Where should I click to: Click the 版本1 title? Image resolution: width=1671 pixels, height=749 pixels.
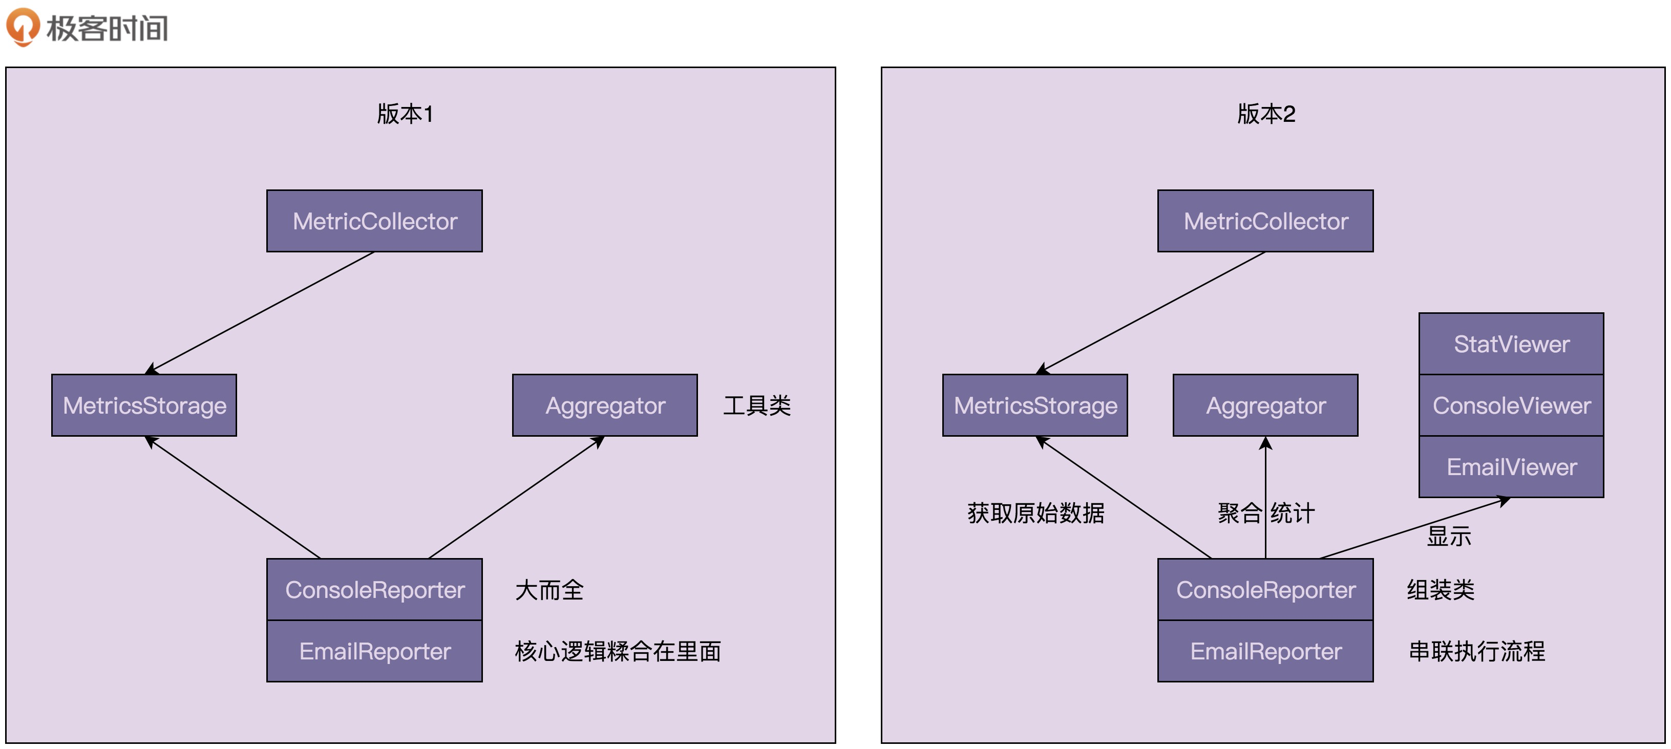coord(405,114)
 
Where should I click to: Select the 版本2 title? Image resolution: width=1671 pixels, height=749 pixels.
coord(1265,114)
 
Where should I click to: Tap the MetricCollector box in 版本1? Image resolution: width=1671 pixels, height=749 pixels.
coord(374,221)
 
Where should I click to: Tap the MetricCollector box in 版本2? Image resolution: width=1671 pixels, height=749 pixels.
coord(1265,221)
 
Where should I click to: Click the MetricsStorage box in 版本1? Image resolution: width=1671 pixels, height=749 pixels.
coord(144,405)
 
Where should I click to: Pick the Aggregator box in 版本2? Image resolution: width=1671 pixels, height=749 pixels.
coord(1265,405)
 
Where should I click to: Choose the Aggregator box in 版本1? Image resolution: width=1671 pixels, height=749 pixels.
coord(605,405)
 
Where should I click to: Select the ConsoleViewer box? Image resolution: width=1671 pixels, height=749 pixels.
coord(1511,405)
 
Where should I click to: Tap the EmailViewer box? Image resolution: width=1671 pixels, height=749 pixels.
coord(1511,467)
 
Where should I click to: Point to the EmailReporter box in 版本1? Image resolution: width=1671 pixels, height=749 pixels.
coord(374,651)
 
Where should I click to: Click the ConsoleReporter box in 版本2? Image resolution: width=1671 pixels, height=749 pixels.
coord(1265,589)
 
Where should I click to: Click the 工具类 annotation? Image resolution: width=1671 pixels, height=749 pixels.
coord(756,406)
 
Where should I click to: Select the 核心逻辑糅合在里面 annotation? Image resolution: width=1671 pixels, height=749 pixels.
coord(618,651)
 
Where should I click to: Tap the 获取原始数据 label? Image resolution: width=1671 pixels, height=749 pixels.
coord(1035,513)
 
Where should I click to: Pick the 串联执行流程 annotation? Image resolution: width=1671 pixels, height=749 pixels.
coord(1476,651)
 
